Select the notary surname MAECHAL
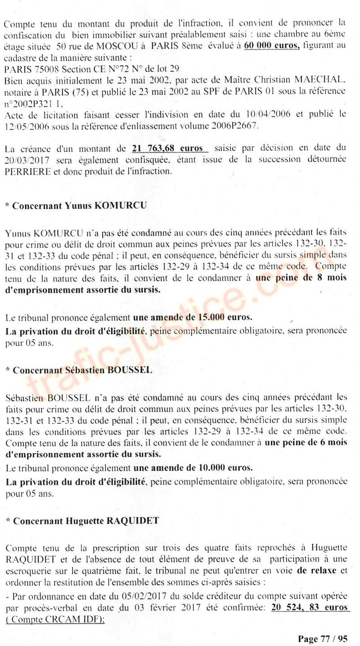pos(323,80)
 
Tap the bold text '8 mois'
pos(331,278)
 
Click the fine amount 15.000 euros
pos(225,317)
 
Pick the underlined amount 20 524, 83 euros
pos(310,607)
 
